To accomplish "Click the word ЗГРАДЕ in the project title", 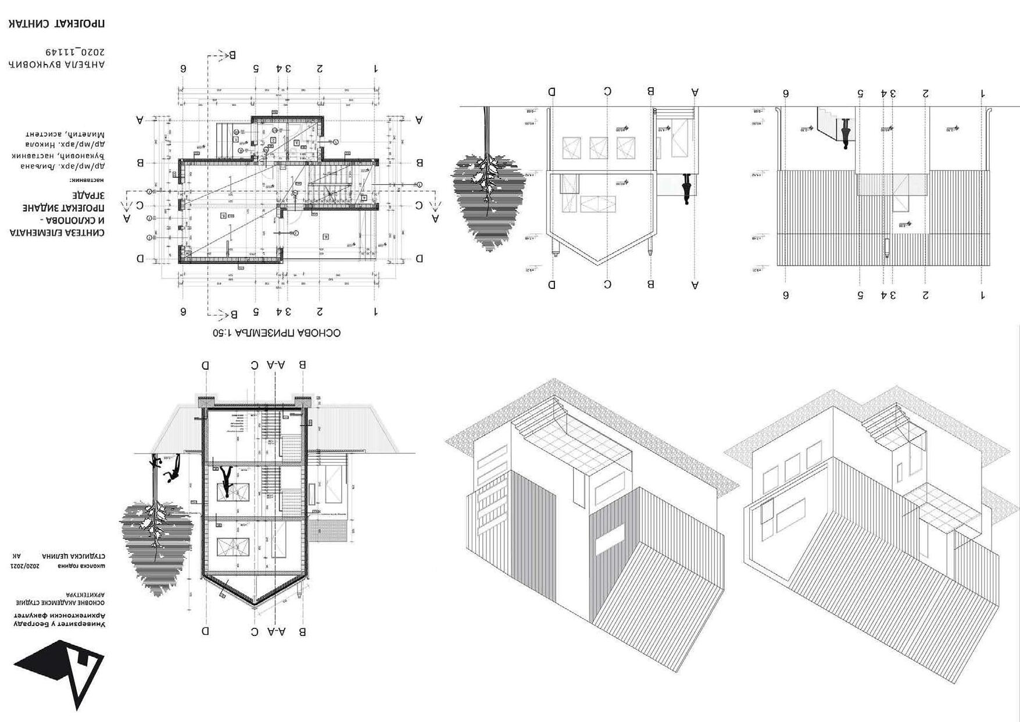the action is [88, 194].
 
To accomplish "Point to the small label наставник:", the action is [87, 180].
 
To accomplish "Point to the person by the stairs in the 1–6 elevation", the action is [846, 134].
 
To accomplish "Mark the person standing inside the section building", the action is [226, 480].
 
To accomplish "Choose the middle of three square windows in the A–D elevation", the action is [599, 148].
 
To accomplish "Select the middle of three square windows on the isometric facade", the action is [792, 467].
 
